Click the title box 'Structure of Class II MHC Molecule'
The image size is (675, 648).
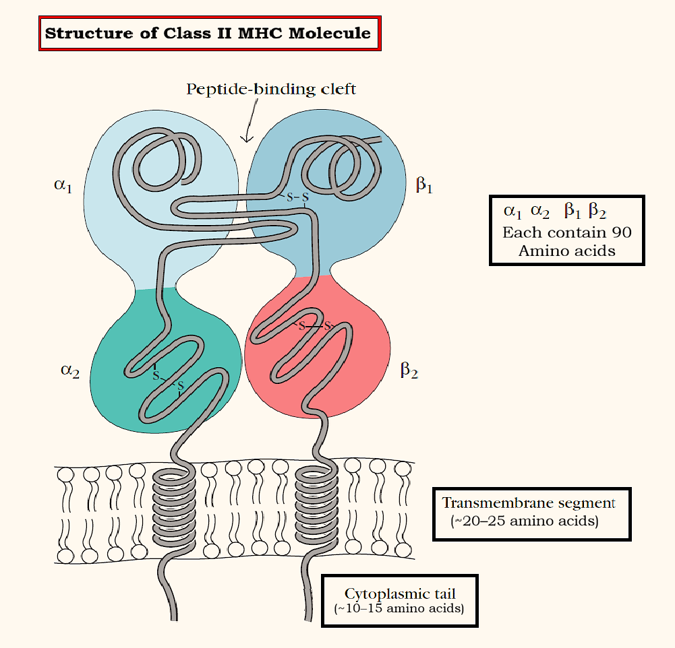pyautogui.click(x=208, y=32)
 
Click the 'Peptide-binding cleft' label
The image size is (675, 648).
pyautogui.click(x=271, y=88)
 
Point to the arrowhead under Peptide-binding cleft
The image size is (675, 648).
pyautogui.click(x=246, y=139)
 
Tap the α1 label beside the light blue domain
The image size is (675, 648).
pyautogui.click(x=62, y=185)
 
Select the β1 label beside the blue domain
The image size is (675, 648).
pyautogui.click(x=423, y=185)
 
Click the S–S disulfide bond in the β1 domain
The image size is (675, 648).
pyautogui.click(x=297, y=197)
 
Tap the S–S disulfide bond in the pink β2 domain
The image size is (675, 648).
pyautogui.click(x=315, y=326)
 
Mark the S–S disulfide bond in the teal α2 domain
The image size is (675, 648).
pyautogui.click(x=168, y=381)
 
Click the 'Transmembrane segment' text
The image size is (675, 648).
pyautogui.click(x=529, y=503)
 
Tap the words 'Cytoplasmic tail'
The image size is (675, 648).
pyautogui.click(x=400, y=593)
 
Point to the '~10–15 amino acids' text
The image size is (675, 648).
pyautogui.click(x=399, y=609)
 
